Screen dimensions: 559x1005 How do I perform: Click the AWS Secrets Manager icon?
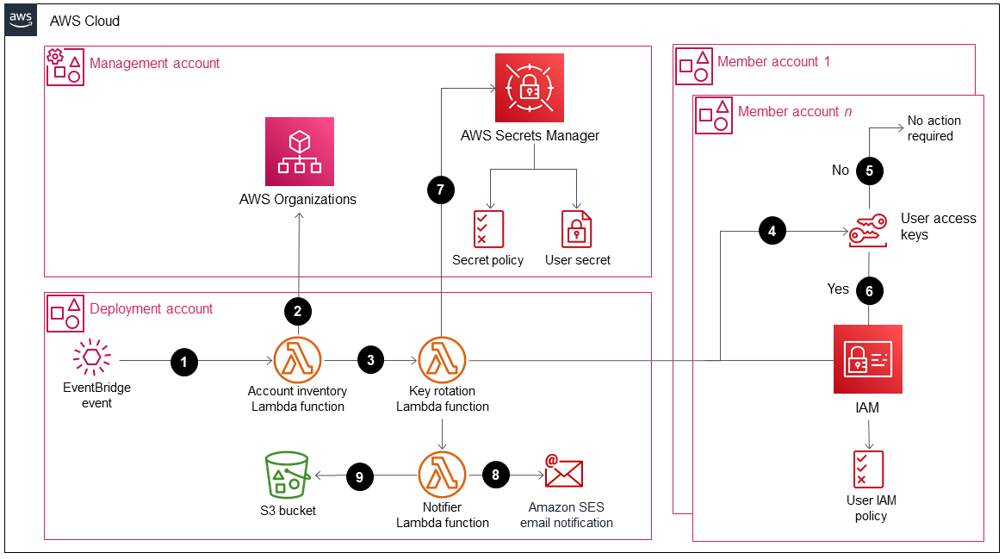point(529,88)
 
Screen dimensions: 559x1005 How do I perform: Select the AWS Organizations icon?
point(299,152)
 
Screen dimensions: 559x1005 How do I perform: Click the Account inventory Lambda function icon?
point(297,360)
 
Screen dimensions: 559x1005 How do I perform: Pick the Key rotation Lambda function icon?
point(442,360)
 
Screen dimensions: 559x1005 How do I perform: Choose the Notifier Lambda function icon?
point(442,475)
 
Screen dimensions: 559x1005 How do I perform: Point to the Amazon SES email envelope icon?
point(564,471)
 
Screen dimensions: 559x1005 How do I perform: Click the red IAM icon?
point(867,359)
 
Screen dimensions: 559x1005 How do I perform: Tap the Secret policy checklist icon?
point(488,229)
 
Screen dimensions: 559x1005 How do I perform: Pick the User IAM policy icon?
point(867,469)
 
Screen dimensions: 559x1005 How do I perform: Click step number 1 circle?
point(183,363)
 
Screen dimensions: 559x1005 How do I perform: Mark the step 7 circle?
point(440,191)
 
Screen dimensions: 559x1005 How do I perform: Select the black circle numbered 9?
point(360,475)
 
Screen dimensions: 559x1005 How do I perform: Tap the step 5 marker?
point(869,171)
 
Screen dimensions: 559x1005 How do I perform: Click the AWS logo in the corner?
point(22,20)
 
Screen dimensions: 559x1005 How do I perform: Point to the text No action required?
point(934,128)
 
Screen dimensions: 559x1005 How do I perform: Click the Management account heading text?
point(155,63)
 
